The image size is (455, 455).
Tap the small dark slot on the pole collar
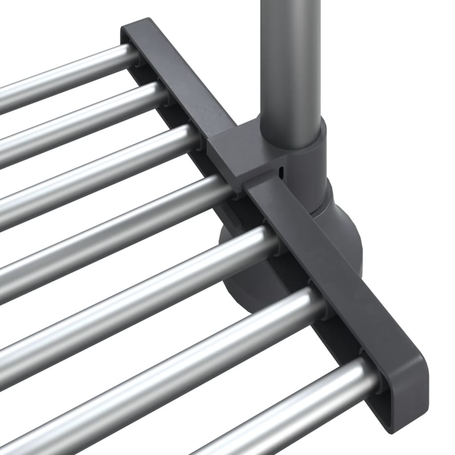[x=281, y=173]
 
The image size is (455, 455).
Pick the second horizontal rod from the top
[x=74, y=124]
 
